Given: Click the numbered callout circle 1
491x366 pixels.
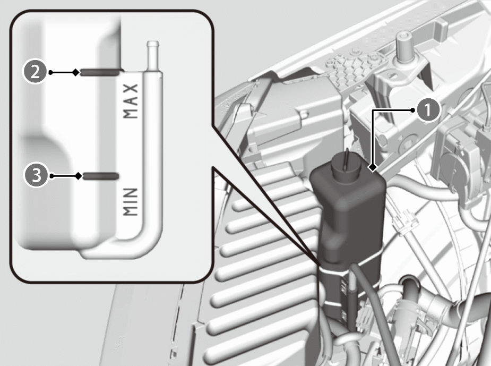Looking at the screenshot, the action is pyautogui.click(x=428, y=110).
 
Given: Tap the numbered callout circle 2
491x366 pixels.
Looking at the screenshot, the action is pyautogui.click(x=35, y=72).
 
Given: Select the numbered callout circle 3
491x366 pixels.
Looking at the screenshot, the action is pyautogui.click(x=37, y=175).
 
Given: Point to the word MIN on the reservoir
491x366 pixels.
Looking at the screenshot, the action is pyautogui.click(x=131, y=201).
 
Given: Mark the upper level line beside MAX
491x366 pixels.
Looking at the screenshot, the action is pyautogui.click(x=100, y=72).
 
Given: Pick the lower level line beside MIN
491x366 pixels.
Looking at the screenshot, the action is pyautogui.click(x=101, y=176).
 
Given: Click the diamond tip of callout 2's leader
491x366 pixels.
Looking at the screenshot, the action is pyautogui.click(x=75, y=72).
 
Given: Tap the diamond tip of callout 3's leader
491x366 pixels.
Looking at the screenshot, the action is pyautogui.click(x=79, y=176).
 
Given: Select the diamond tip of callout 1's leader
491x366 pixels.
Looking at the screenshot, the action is pyautogui.click(x=373, y=168).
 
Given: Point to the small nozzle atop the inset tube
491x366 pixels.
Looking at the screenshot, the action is pyautogui.click(x=152, y=55).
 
